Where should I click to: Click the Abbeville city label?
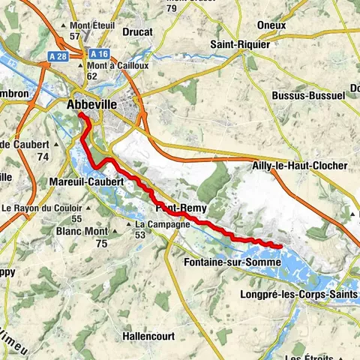[91, 105]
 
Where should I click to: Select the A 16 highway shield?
[98, 54]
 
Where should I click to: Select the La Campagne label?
[162, 224]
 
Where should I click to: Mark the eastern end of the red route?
[280, 245]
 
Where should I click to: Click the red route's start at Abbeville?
[79, 116]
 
